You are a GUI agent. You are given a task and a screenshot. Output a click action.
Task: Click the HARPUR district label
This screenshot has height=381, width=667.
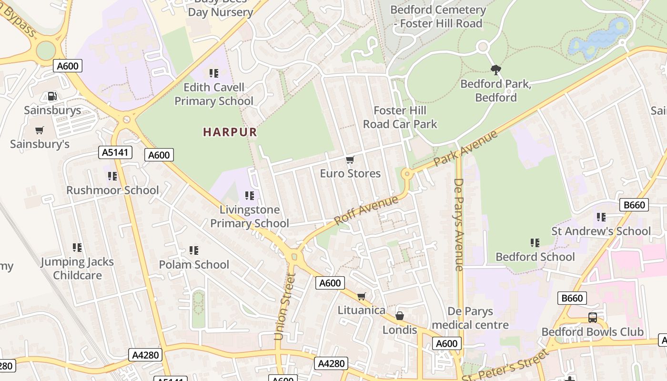click(x=230, y=132)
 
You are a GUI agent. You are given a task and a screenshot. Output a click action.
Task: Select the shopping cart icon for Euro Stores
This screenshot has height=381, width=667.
click(x=350, y=160)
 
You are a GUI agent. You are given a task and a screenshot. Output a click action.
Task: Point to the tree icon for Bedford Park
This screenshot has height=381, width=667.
click(x=495, y=70)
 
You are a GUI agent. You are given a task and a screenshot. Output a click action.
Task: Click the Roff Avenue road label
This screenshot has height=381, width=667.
click(x=366, y=210)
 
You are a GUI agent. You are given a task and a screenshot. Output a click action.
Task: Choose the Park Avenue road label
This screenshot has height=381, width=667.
click(x=465, y=148)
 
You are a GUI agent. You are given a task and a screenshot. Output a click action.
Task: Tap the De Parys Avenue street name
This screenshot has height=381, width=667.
click(x=459, y=224)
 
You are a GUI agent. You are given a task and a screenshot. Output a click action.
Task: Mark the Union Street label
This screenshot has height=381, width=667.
click(x=285, y=306)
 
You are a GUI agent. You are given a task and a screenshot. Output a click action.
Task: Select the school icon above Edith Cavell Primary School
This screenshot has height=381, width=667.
click(x=214, y=73)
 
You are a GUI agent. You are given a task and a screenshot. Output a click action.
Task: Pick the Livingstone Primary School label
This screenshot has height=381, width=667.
click(x=249, y=216)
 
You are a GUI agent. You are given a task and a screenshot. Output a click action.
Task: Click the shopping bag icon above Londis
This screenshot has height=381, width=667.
click(x=400, y=316)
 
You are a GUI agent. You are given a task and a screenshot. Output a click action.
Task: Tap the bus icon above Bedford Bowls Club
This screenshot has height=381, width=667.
click(x=593, y=318)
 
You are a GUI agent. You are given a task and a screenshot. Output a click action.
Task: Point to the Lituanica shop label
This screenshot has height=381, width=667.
click(x=362, y=310)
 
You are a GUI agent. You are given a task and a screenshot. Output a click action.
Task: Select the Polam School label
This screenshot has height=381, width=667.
click(x=194, y=264)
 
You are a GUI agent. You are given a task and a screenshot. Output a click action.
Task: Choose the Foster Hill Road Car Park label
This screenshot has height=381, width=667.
click(x=400, y=117)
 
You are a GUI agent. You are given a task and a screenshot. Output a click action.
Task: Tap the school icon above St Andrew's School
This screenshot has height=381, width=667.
click(x=601, y=217)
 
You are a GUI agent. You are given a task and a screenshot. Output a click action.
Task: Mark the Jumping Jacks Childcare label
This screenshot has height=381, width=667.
click(x=77, y=268)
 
